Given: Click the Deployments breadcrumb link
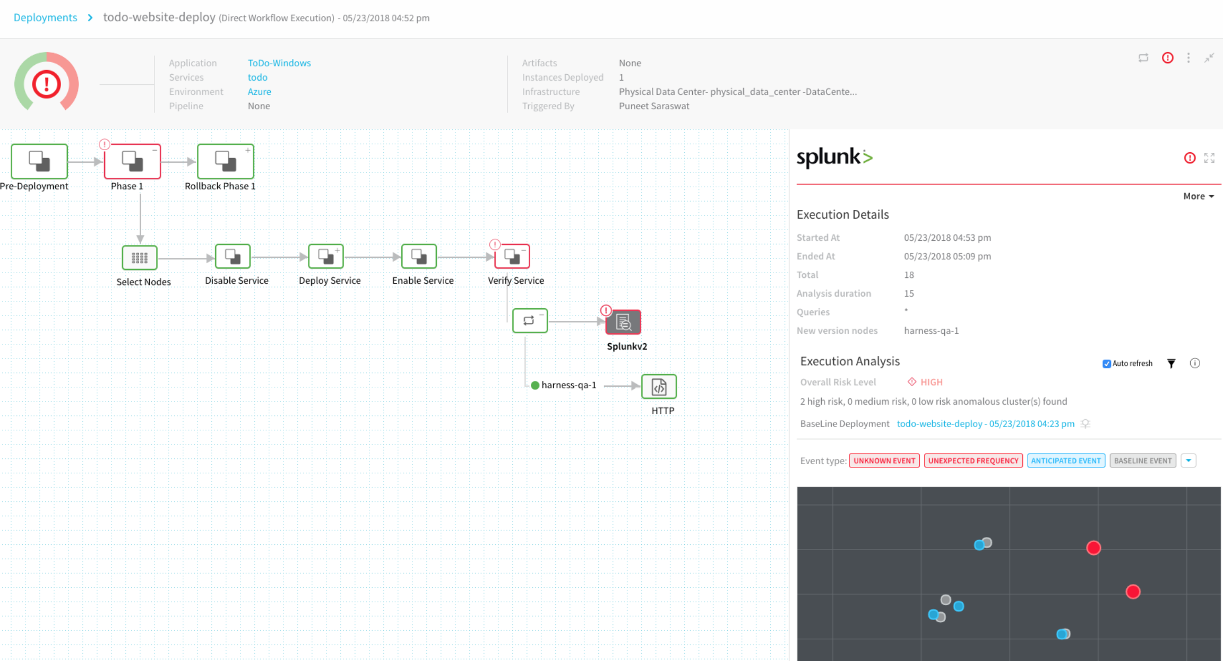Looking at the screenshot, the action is pyautogui.click(x=45, y=18).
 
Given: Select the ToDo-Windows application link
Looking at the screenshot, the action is pyautogui.click(x=279, y=63).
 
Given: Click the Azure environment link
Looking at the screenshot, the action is pyautogui.click(x=259, y=91).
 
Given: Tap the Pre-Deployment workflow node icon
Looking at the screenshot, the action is pyautogui.click(x=39, y=161).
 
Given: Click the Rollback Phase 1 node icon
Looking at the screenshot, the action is pyautogui.click(x=226, y=161).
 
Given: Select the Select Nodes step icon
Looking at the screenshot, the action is pyautogui.click(x=140, y=258).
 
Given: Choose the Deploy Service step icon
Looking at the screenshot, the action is pyautogui.click(x=326, y=257).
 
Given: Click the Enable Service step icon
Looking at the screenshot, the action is pyautogui.click(x=419, y=257).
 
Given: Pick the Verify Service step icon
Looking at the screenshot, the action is pyautogui.click(x=512, y=257).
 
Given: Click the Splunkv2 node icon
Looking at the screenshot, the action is pyautogui.click(x=624, y=322).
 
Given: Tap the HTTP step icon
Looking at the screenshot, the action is pyautogui.click(x=659, y=387).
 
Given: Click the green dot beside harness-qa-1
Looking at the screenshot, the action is pyautogui.click(x=535, y=385).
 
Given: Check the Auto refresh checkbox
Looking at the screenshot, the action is pyautogui.click(x=1107, y=364).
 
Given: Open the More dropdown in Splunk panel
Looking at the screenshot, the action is pyautogui.click(x=1199, y=196).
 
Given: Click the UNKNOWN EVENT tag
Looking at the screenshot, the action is pyautogui.click(x=884, y=460).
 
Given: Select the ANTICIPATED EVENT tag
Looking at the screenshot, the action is pyautogui.click(x=1066, y=460).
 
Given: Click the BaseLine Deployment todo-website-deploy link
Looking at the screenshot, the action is pyautogui.click(x=985, y=423).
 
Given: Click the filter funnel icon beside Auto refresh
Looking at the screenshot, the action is pyautogui.click(x=1172, y=363).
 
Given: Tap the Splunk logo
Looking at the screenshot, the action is pyautogui.click(x=834, y=157).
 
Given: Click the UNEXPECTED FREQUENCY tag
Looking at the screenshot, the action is pyautogui.click(x=974, y=460).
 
